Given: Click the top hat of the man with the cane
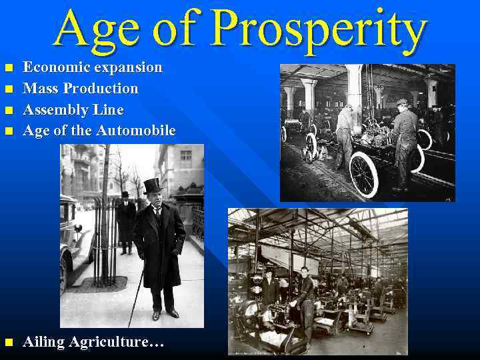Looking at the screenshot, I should click(x=153, y=186).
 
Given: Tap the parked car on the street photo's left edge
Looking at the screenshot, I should click(x=73, y=233).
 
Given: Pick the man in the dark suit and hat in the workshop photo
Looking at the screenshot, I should click(x=269, y=287).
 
